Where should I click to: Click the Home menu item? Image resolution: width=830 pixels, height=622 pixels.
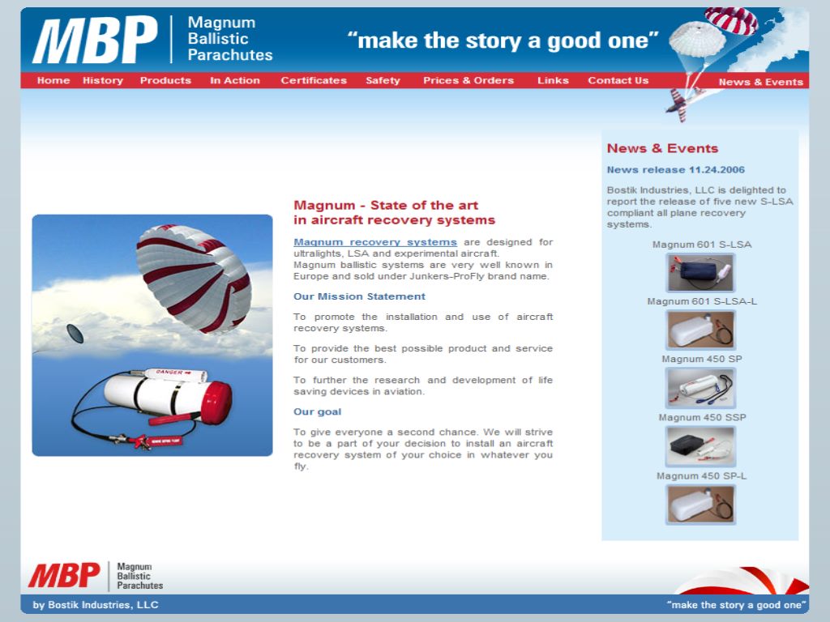coord(53,81)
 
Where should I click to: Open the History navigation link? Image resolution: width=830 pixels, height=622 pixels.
coord(103,81)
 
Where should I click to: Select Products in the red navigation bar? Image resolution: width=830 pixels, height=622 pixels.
coord(165,81)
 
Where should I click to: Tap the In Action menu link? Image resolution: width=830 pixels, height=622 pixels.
coord(235,81)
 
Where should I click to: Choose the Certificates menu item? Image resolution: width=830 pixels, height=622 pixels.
coord(314,81)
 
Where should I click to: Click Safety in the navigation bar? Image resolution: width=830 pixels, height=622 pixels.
coord(383,81)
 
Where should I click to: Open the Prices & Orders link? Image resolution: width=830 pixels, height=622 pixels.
coord(468,81)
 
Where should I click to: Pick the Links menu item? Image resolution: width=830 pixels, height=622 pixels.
coord(553,81)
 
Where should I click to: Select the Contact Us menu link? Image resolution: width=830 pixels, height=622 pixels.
coord(618,81)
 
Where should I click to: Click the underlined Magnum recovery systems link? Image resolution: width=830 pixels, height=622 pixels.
coord(375,242)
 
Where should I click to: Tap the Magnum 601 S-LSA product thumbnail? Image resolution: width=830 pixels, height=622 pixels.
coord(700,272)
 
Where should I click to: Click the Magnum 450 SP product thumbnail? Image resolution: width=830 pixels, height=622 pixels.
coord(700,387)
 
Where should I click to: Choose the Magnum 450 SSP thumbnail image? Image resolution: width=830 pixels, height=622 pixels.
coord(700,445)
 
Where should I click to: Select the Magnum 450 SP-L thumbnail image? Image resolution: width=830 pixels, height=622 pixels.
coord(700,504)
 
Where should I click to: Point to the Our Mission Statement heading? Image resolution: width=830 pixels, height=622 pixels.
coord(359,296)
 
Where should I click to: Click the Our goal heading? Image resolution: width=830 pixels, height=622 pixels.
coord(318,412)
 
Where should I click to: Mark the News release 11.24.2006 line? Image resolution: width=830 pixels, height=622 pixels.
coord(675,170)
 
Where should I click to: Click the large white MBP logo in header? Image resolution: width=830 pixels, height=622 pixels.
coord(95,40)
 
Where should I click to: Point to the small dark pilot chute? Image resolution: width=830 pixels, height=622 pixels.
coord(75,333)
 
